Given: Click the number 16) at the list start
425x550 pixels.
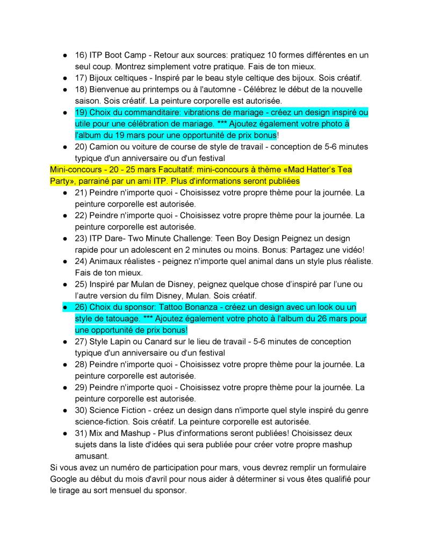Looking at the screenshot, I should point(81,55).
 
